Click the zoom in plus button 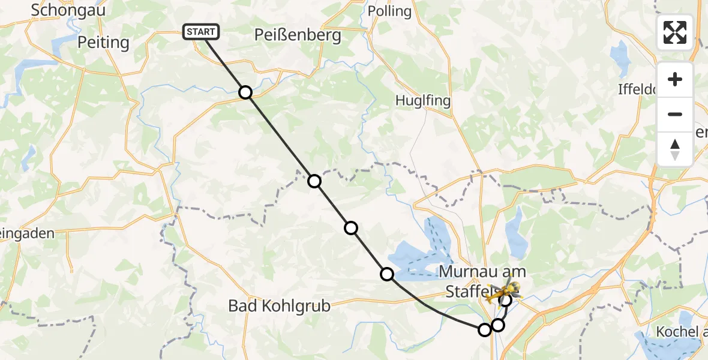coord(675,79)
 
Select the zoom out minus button coord(675,114)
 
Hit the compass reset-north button coord(675,149)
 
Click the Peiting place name coord(103,43)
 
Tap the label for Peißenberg coord(298,35)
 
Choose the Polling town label coord(390,11)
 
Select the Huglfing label coord(422,100)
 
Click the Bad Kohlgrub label coord(279,306)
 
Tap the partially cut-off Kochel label coord(682,332)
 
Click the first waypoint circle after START coord(245,92)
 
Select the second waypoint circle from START coord(314,181)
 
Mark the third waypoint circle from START coord(351,227)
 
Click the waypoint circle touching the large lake coord(387,274)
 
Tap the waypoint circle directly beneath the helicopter coord(506,300)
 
